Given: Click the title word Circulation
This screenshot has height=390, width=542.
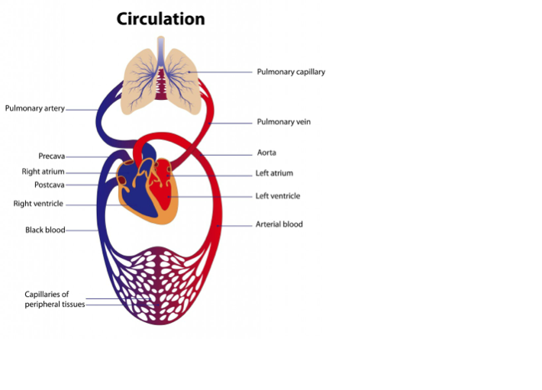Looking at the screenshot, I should (160, 19).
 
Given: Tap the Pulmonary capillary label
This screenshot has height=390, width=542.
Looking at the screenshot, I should (291, 72).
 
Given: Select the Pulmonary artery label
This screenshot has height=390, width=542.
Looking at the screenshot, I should (34, 108).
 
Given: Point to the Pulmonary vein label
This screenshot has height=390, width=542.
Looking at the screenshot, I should (283, 121).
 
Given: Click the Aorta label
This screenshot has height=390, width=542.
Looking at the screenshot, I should (266, 153).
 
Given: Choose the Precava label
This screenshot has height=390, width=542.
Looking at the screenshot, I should (51, 156).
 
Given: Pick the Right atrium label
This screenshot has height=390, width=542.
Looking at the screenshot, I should (43, 172).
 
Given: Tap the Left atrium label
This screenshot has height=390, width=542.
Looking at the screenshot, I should (274, 173).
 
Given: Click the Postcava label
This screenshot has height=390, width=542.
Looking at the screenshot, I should (49, 185).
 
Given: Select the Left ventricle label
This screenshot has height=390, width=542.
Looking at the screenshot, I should (277, 196).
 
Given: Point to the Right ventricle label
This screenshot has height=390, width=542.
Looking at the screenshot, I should (38, 204).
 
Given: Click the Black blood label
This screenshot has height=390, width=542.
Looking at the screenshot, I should (45, 230).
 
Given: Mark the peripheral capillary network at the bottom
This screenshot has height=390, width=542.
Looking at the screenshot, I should (161, 282).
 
